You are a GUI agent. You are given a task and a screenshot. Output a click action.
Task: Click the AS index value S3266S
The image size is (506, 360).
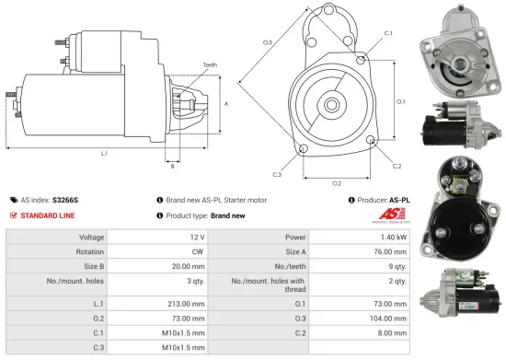tap(66, 199)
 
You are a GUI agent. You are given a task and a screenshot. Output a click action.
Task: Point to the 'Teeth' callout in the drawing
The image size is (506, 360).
tap(210, 65)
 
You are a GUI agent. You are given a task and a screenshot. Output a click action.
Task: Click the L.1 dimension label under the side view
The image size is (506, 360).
tap(104, 153)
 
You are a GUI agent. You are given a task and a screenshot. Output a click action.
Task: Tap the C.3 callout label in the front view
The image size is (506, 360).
tap(277, 174)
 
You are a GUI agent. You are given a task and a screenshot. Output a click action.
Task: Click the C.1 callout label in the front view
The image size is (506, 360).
tap(388, 33)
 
